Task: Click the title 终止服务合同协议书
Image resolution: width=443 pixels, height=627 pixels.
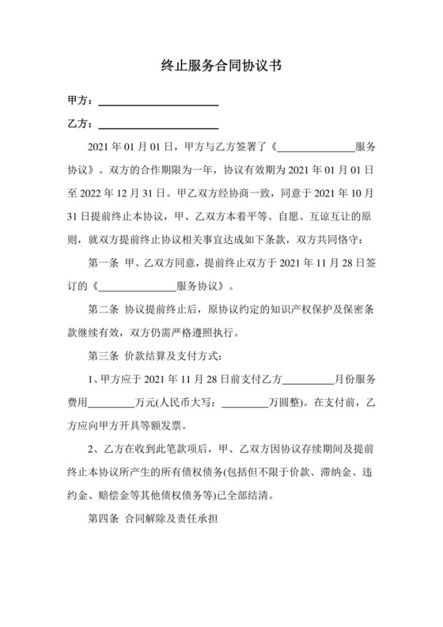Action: coord(221,66)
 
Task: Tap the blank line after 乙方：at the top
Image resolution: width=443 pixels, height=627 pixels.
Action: coord(157,125)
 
